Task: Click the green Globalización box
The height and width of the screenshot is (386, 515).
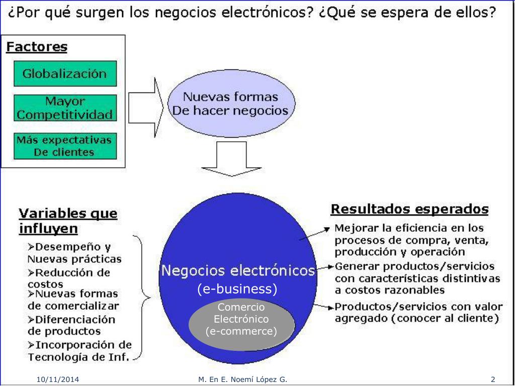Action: point(65,73)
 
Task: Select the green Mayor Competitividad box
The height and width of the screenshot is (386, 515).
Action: point(65,108)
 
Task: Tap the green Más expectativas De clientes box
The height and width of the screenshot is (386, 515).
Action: point(64,146)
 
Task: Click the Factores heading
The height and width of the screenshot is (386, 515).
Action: point(37,47)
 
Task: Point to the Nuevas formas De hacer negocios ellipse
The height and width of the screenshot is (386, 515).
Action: point(230,104)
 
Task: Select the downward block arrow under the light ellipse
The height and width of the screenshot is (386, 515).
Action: point(232,158)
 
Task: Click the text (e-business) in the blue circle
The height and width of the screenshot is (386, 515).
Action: point(237,289)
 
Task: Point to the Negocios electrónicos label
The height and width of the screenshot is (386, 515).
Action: point(237,271)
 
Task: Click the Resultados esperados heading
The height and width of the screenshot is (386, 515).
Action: point(409,209)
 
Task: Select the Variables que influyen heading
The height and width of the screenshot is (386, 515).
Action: point(68,221)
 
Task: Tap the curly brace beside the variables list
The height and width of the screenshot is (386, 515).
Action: point(143,297)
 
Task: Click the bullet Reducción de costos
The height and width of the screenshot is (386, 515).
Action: point(69,278)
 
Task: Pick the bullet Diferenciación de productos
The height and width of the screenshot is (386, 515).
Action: point(71,325)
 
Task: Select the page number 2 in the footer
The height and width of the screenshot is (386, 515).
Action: point(493,379)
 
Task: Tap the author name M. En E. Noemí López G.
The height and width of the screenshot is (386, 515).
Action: point(243,379)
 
